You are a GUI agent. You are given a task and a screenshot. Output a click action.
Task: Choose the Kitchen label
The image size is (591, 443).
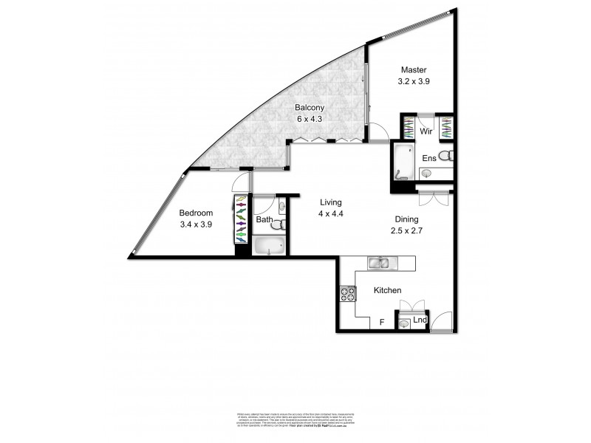[386, 290]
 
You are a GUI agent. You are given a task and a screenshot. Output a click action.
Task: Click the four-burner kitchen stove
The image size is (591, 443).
[346, 295]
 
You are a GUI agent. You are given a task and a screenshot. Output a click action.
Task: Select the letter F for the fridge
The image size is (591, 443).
[381, 322]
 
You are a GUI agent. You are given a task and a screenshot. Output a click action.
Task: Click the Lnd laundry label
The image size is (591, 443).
[420, 320]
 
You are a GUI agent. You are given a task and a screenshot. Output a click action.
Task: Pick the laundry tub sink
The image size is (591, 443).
[403, 322]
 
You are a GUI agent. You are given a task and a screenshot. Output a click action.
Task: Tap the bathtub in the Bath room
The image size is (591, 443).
[269, 246]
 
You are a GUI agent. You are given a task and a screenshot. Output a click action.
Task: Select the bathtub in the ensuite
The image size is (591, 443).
[403, 162]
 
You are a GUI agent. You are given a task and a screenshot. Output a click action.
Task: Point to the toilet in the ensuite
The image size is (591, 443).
[445, 156]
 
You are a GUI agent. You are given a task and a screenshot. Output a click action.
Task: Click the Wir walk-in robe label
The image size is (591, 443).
[426, 131]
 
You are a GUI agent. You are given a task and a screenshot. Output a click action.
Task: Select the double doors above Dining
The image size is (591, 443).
[432, 198]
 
